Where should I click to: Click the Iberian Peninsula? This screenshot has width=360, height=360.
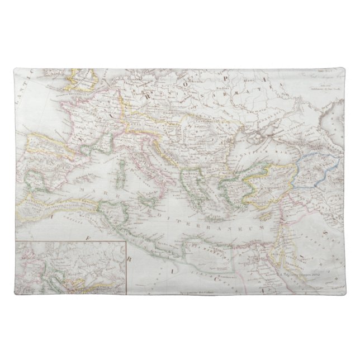click(50, 162)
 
